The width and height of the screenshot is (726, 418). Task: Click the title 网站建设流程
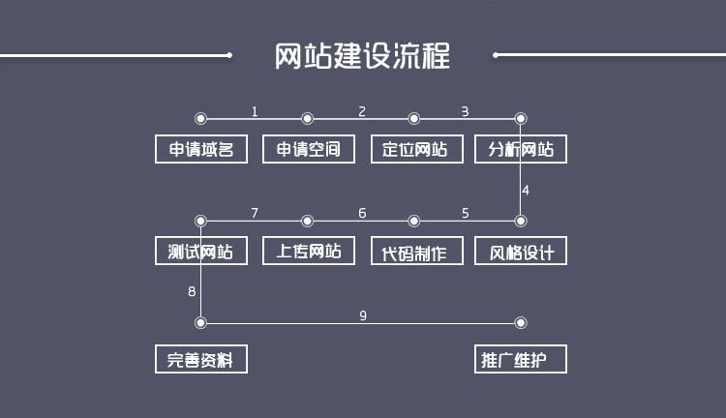[362, 55]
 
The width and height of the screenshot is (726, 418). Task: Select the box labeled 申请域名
[201, 149]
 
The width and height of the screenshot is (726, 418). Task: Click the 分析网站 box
[521, 149]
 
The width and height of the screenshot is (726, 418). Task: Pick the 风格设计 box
[521, 252]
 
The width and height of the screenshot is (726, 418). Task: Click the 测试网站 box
[201, 252]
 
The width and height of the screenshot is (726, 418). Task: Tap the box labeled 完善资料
[201, 359]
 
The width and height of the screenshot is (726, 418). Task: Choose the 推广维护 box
[521, 359]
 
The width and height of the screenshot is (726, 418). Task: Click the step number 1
[255, 111]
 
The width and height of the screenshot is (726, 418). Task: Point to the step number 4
[526, 190]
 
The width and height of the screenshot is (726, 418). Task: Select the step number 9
[363, 315]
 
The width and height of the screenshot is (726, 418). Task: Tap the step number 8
[192, 290]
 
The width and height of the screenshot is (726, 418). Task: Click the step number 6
[362, 213]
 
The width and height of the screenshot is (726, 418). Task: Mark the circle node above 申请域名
[200, 119]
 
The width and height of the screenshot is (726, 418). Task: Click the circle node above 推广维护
[521, 323]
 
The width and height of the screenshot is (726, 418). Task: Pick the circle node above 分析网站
[521, 119]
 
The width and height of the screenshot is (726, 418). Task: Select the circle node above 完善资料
[200, 323]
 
